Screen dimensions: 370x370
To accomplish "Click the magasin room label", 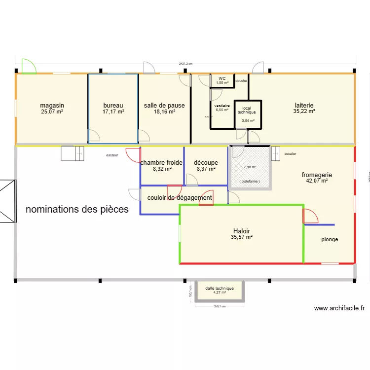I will click(52, 106).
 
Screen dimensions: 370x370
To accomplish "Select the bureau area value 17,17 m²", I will click(113, 112).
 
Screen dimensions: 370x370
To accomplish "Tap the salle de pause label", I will click(164, 106).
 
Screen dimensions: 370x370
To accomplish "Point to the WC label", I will click(222, 78).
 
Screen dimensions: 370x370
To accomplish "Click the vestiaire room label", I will click(222, 106).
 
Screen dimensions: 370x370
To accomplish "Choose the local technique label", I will click(247, 110).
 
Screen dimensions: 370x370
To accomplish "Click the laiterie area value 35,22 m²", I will click(304, 112).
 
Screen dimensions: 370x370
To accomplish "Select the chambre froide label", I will click(161, 163).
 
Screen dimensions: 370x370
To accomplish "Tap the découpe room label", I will click(206, 163).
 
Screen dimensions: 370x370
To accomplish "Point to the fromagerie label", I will click(317, 175).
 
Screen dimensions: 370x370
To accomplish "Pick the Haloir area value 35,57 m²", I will click(241, 237).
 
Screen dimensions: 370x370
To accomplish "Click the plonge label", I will click(330, 240).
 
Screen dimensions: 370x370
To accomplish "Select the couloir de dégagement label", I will click(180, 198).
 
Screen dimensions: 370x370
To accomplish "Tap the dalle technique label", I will click(220, 288).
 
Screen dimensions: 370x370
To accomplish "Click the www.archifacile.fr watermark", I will click(339, 308).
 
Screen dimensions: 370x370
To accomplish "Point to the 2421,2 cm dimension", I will click(185, 64).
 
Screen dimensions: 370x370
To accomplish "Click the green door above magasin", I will click(29, 66).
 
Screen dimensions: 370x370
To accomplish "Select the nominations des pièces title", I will click(77, 209).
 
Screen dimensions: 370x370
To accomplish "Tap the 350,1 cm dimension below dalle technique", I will click(220, 306).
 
